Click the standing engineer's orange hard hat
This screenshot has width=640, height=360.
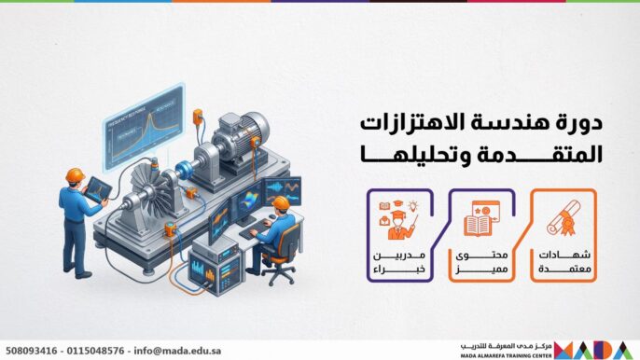pyautogui.click(x=75, y=175)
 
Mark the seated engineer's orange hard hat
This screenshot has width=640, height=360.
pyautogui.click(x=281, y=203)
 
